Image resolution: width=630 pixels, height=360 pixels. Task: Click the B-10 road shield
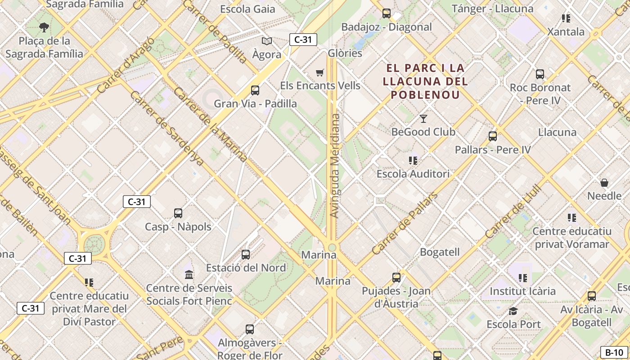point(613,352)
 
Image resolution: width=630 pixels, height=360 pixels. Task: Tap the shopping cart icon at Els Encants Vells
point(320,72)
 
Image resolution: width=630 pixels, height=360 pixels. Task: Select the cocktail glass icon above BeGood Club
point(423,119)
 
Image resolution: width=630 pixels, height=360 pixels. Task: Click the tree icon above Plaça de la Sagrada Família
point(44,27)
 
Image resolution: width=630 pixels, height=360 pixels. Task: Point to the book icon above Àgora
point(267,41)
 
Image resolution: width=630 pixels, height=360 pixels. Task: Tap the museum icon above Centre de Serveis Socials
point(189,274)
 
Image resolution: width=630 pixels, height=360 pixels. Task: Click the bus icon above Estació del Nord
point(246,255)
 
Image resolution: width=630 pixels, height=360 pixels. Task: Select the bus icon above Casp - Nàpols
point(178,213)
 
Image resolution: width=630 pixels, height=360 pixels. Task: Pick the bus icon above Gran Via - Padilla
point(255,90)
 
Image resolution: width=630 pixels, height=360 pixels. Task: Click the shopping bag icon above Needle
point(604,183)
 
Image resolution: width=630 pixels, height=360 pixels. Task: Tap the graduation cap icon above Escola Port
point(513,311)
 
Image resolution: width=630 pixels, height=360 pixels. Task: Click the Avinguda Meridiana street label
point(335,166)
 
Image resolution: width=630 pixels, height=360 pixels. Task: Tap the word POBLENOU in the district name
point(425,94)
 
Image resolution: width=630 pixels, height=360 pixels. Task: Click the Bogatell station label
point(440,252)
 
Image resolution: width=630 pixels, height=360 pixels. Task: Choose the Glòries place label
point(345,53)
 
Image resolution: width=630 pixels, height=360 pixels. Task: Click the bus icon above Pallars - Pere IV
point(493,136)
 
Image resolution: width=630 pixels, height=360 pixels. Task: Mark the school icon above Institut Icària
point(522,278)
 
